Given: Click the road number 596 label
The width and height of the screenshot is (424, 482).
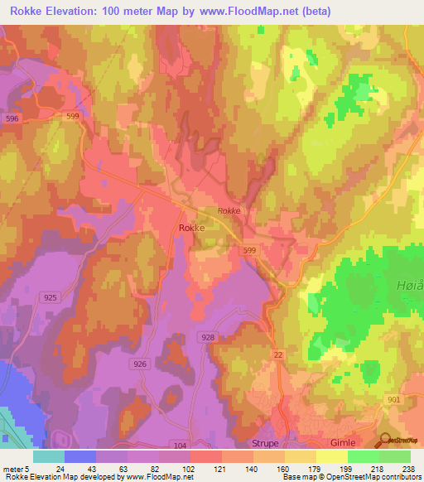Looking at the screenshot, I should coord(12,119).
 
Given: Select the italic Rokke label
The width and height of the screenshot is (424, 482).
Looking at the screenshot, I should coord(229,211).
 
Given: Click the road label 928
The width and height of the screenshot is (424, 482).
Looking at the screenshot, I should coord(208,337).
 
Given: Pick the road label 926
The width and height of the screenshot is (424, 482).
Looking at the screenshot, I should coord(139,364).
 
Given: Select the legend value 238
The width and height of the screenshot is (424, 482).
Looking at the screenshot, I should coord(409,468).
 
